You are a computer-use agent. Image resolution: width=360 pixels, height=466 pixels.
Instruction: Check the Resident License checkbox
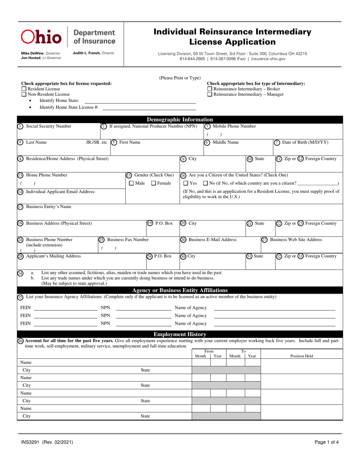tap(23, 89)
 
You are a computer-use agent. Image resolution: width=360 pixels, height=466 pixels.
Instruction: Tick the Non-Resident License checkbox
tap(23, 94)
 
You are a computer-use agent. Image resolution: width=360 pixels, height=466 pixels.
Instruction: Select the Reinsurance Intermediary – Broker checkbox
tap(210, 89)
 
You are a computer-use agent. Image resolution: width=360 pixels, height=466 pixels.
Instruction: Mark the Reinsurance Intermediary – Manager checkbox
tap(210, 94)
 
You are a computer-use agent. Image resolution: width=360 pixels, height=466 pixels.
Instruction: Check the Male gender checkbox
tap(131, 184)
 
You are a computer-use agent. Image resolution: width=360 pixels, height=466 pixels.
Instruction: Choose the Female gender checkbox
tap(153, 184)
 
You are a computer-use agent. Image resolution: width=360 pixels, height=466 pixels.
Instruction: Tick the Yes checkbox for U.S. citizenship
tap(185, 184)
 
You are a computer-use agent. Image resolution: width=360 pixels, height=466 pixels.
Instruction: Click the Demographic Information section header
tap(180, 120)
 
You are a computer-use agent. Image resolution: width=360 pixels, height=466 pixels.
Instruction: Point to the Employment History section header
tap(180, 334)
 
